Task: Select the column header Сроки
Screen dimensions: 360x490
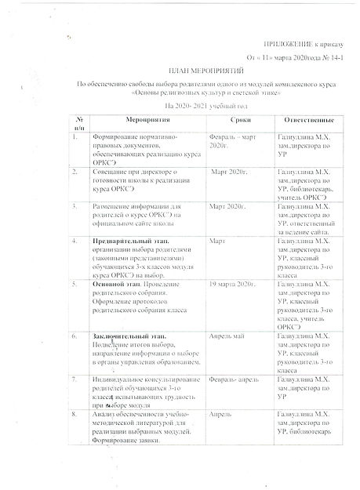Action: coord(236,119)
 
